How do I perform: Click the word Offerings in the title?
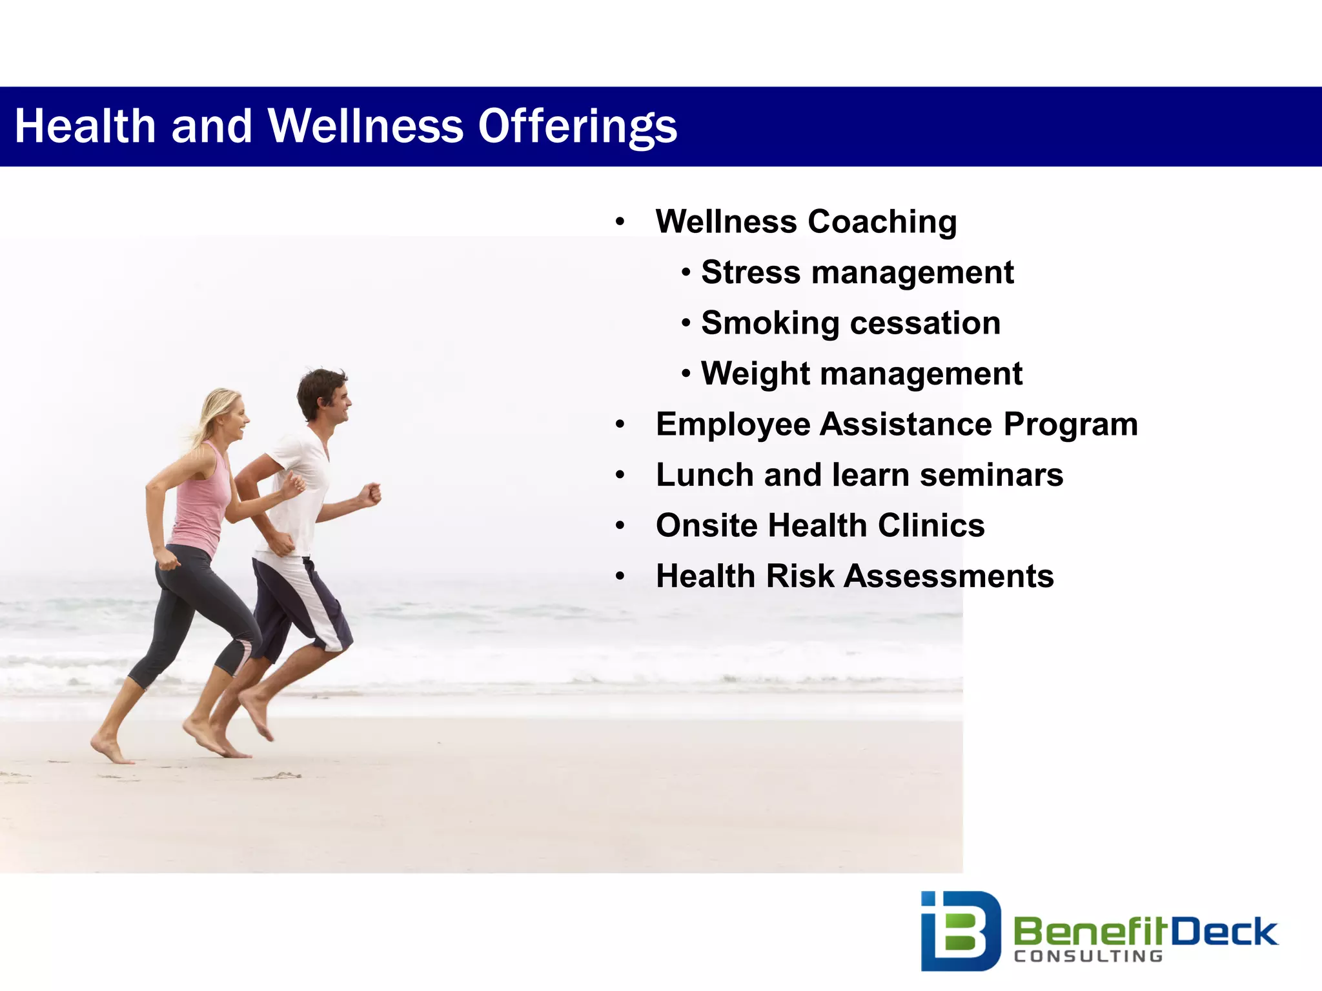coord(577,126)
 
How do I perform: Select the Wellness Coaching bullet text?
coord(806,222)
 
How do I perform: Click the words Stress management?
coord(857,272)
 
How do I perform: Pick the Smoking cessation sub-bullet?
coord(850,323)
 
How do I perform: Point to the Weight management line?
coord(861,374)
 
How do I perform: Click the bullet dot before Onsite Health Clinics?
coord(620,526)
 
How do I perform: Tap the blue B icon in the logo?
coord(960,930)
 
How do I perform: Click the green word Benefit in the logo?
coord(1091,932)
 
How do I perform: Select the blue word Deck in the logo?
coord(1224,932)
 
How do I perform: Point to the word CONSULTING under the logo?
coord(1088,956)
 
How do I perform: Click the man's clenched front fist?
coord(371,494)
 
